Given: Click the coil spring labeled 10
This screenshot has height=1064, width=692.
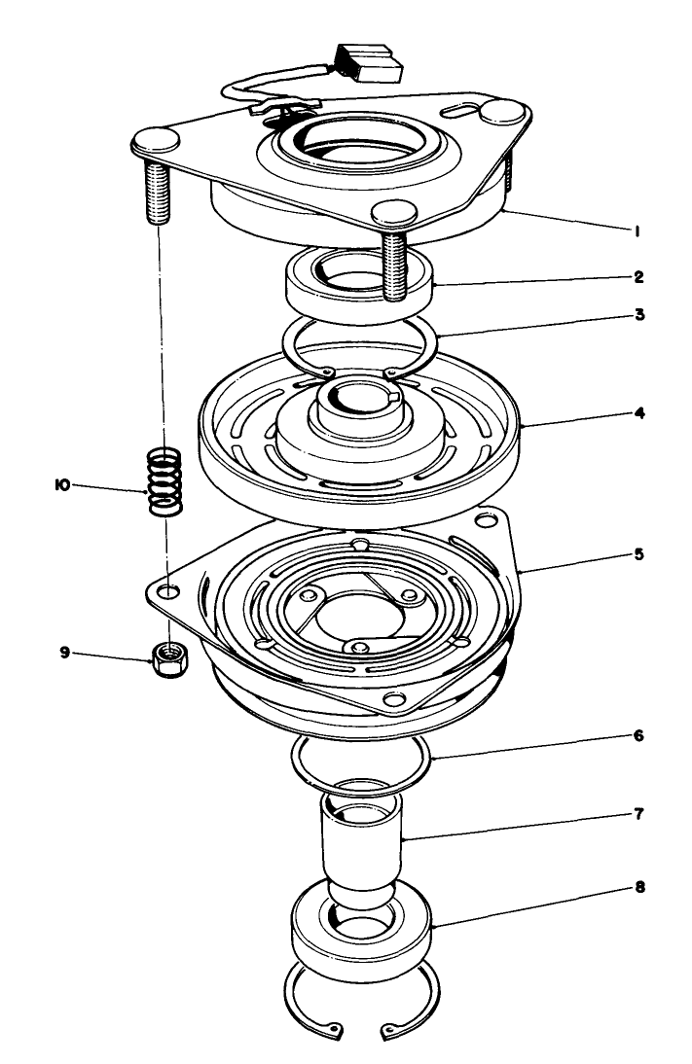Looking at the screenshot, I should point(164,480).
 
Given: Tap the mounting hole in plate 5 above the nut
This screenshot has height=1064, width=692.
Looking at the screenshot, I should point(171,591).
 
